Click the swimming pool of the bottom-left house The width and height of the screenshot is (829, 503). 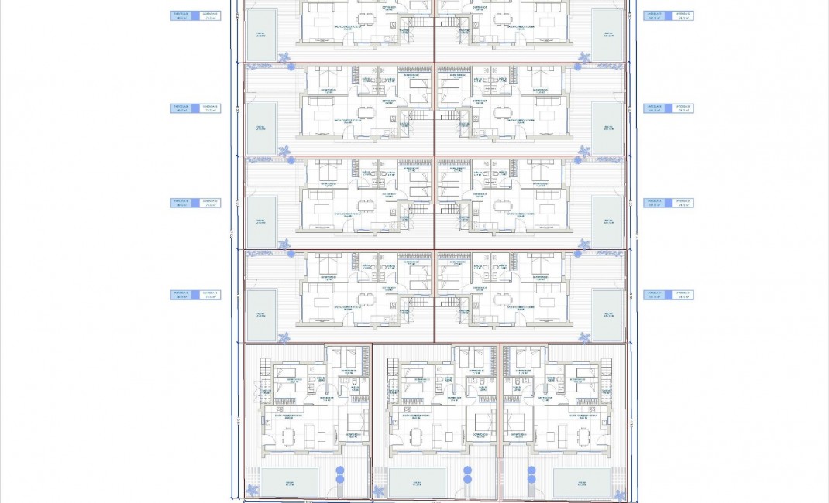(289, 481)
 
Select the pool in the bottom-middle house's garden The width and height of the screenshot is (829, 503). (417, 481)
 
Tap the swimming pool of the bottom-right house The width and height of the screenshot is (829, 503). (581, 481)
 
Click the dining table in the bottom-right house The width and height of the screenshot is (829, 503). (583, 438)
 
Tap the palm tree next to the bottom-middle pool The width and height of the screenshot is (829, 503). (379, 491)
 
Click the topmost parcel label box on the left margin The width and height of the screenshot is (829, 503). (195, 15)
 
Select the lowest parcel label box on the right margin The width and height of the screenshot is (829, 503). (668, 295)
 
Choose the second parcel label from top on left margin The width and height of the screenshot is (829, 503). (195, 108)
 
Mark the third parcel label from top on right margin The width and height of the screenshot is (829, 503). (668, 203)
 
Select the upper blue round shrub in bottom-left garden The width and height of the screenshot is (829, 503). (339, 470)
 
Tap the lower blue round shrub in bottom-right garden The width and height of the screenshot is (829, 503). (532, 480)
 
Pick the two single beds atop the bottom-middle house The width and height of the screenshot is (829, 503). (469, 357)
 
